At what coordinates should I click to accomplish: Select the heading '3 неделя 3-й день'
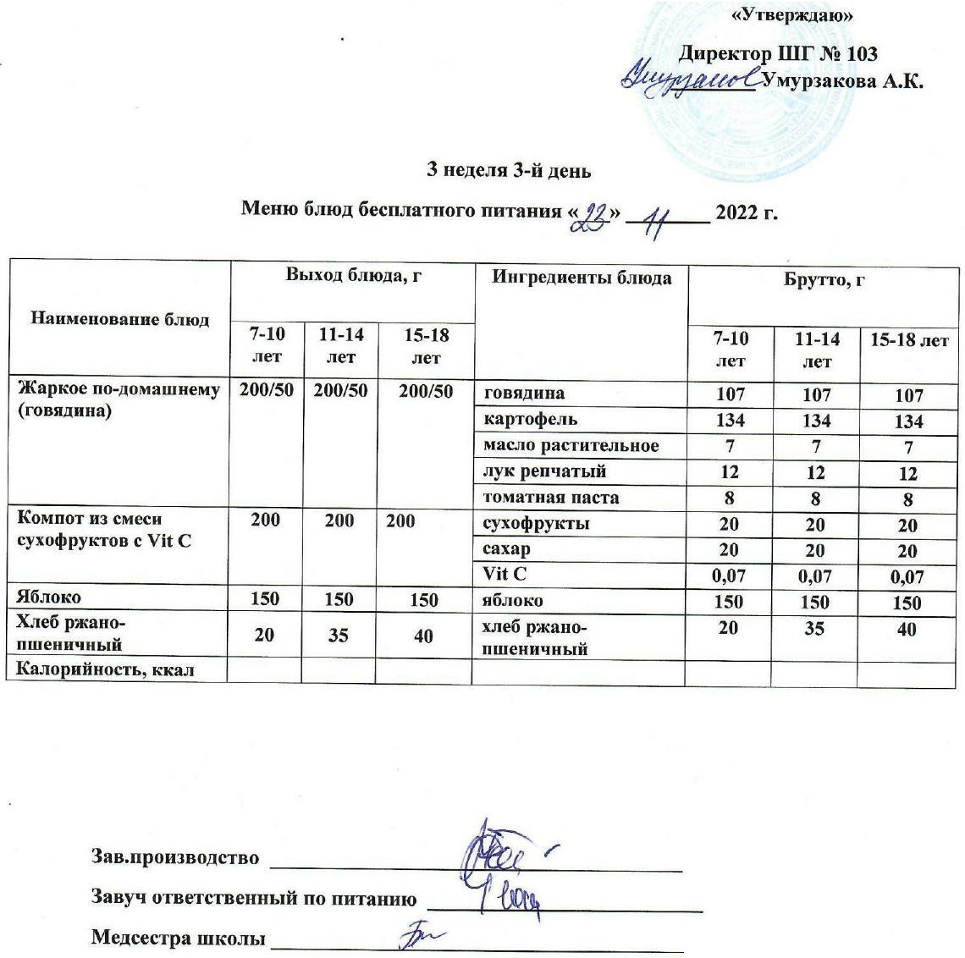pyautogui.click(x=508, y=170)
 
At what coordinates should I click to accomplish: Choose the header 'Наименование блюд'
pyautogui.click(x=119, y=319)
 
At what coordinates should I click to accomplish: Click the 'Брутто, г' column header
pyautogui.click(x=824, y=279)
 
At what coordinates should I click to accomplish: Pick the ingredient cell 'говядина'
pyautogui.click(x=523, y=393)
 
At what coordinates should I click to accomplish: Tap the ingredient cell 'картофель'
pyautogui.click(x=530, y=419)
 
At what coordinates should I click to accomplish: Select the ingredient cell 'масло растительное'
pyautogui.click(x=571, y=445)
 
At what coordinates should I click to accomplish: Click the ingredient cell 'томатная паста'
pyautogui.click(x=550, y=497)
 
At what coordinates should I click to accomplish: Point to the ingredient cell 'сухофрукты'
pyautogui.click(x=535, y=523)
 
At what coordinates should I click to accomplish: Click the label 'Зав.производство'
pyautogui.click(x=174, y=857)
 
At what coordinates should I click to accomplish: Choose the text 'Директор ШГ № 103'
pyautogui.click(x=778, y=53)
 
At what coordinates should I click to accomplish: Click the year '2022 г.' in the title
pyautogui.click(x=746, y=212)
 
